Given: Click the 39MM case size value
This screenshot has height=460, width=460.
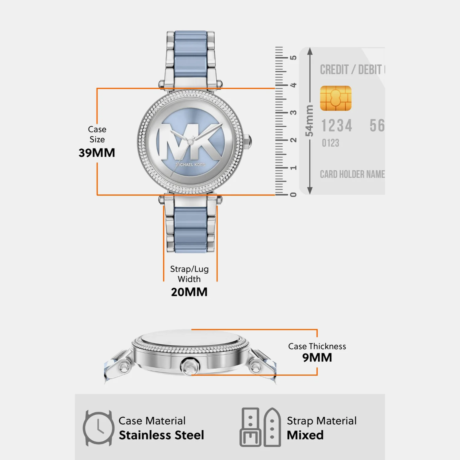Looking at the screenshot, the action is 97,153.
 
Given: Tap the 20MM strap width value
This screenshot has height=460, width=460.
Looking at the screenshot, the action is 189,292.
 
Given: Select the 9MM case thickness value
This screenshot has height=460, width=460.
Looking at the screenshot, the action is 317,358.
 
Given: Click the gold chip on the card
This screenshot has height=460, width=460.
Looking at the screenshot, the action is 336,98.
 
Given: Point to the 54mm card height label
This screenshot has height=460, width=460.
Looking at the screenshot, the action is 309,121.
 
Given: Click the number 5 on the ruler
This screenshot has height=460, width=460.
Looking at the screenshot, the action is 293,58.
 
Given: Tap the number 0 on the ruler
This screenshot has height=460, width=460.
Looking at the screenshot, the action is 293,195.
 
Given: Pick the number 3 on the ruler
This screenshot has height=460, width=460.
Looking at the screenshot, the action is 293,113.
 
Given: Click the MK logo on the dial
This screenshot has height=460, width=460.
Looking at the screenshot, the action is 190,141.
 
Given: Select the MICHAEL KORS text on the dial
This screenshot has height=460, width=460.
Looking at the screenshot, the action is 190,165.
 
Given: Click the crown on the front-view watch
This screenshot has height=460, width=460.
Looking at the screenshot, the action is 248,141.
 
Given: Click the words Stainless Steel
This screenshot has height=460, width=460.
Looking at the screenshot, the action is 161,435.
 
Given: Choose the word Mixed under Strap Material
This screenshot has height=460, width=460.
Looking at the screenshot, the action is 305,435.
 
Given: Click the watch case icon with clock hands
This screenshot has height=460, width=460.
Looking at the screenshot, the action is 98,428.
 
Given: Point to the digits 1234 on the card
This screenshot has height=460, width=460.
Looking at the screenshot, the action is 336,125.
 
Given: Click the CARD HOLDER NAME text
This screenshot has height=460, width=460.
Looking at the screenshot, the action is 352,174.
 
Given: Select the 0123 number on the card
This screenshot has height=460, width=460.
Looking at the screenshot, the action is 331,143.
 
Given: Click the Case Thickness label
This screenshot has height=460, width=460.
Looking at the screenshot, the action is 317,346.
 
